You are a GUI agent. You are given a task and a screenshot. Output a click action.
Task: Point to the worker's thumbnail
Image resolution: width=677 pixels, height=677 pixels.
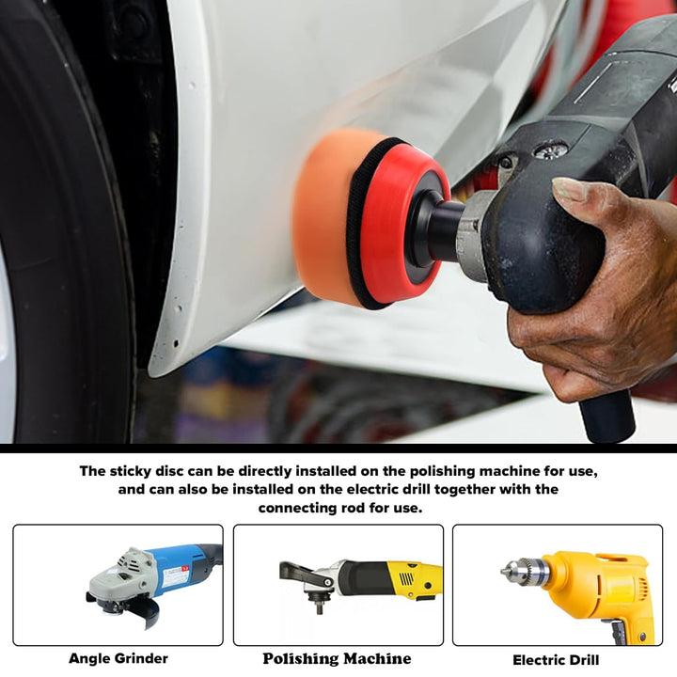(571, 190)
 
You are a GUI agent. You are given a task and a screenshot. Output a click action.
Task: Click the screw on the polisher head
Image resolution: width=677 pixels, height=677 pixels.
(550, 150)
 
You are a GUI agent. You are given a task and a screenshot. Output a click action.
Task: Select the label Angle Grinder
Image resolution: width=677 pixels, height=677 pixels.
(118, 658)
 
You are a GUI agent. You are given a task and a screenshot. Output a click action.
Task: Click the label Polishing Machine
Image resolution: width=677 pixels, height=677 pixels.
(337, 658)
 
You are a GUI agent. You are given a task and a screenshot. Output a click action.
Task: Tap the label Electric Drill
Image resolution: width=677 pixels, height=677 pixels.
(556, 660)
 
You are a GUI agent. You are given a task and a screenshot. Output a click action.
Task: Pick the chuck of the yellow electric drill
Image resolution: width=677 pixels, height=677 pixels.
(525, 573)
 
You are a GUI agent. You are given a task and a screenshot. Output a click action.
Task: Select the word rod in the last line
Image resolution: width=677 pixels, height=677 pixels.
(353, 508)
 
